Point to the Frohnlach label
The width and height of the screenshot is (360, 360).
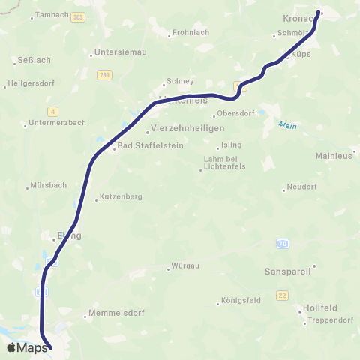coord(191,32)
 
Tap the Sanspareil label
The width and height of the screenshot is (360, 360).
coord(288,270)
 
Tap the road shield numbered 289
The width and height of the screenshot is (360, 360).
coord(106,74)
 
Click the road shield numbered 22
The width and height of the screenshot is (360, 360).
coord(282,295)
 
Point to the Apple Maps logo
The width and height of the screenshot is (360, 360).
coord(27,346)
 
